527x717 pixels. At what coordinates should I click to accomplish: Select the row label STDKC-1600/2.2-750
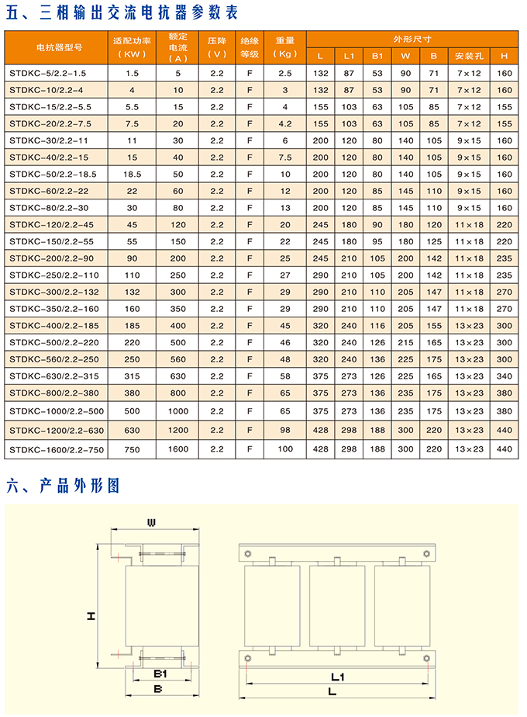point(56,449)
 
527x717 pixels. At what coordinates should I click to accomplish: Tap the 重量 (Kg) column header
point(284,47)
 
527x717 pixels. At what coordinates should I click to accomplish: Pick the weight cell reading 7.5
point(284,158)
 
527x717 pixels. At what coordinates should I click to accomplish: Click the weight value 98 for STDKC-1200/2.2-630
point(284,429)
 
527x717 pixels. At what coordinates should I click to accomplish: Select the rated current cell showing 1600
point(178,449)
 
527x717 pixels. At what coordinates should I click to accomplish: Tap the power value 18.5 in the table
point(132,174)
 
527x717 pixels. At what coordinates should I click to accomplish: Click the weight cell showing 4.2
point(284,123)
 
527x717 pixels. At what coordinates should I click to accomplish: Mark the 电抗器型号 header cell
point(55,47)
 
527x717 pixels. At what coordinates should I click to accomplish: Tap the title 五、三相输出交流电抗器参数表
point(122,14)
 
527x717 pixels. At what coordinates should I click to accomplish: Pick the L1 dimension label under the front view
point(336,676)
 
